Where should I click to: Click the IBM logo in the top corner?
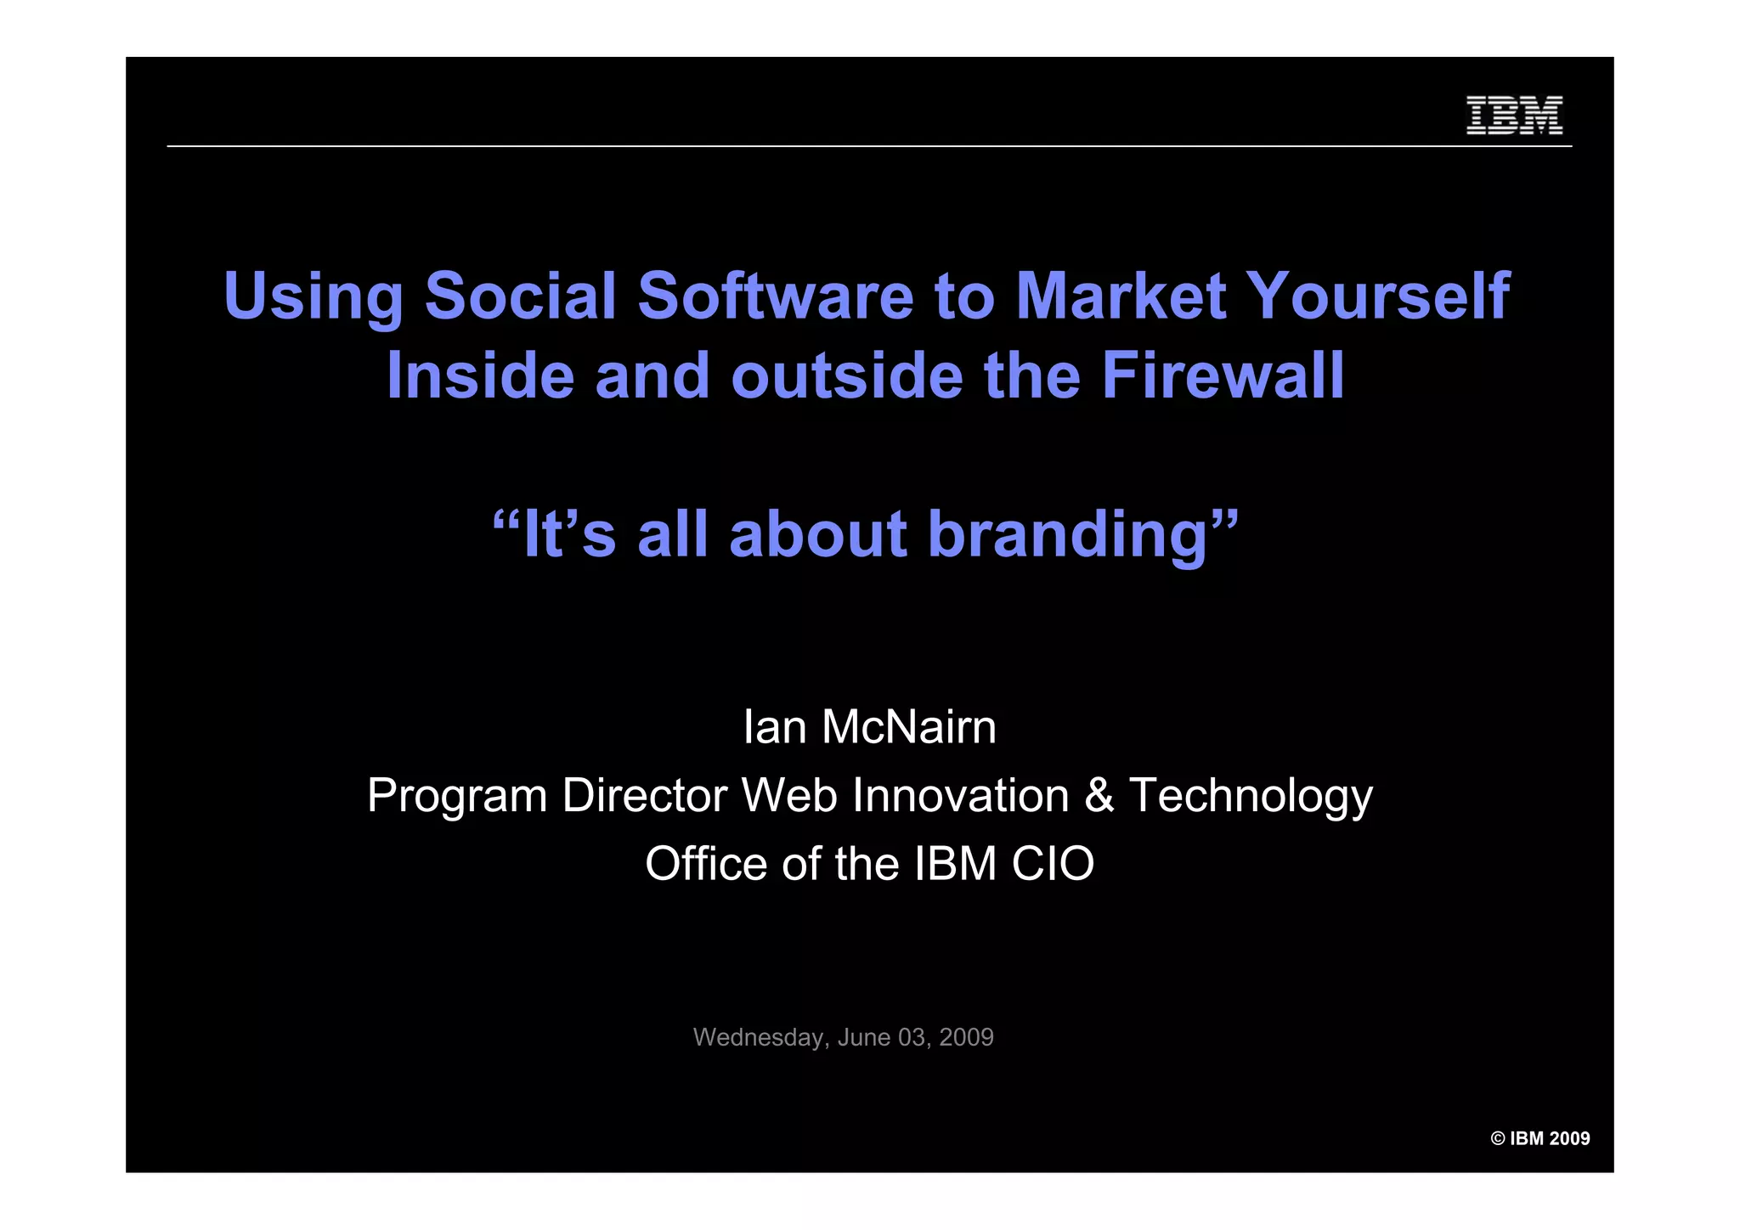1514,116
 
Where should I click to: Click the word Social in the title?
520,296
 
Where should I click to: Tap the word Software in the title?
775,296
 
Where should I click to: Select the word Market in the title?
1121,296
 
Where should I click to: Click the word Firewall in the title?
1223,375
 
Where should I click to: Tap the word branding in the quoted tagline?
1068,536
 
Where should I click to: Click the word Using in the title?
313,298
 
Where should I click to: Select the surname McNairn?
909,728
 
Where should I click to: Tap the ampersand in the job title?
1099,797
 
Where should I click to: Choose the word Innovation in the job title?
960,797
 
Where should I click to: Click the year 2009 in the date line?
966,1037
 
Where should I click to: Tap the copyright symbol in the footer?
1498,1139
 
